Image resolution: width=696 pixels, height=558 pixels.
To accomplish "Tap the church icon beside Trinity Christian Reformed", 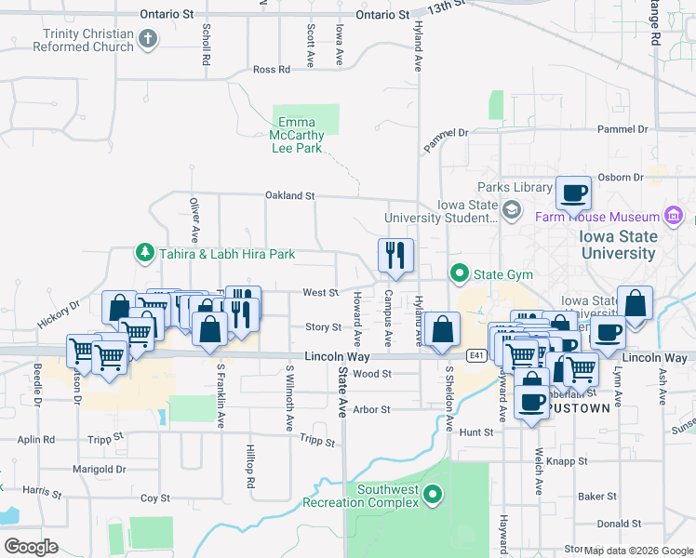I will [147, 39].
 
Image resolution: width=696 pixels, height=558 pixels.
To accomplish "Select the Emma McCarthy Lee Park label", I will [297, 135].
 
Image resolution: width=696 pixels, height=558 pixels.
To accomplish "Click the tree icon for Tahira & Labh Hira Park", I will [145, 253].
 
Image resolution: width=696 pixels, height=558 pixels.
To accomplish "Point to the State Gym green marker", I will [459, 273].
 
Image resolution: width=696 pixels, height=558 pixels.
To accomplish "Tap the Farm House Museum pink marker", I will [675, 218].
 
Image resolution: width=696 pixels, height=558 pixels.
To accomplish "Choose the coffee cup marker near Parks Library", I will [573, 193].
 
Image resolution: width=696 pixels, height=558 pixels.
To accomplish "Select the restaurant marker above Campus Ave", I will [395, 255].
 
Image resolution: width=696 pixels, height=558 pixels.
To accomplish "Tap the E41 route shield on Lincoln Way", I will [475, 355].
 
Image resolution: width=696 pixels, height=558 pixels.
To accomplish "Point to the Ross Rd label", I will [272, 70].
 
